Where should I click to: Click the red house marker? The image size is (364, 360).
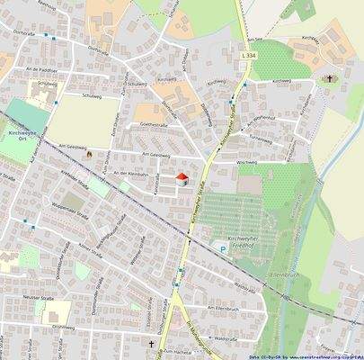click(182, 178)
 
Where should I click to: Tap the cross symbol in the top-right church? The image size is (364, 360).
click(328, 78)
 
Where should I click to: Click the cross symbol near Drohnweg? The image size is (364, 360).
click(151, 345)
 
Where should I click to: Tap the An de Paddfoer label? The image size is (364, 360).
click(41, 69)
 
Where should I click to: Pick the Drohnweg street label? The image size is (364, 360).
click(63, 327)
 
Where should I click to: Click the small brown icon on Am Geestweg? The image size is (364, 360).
click(89, 155)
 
